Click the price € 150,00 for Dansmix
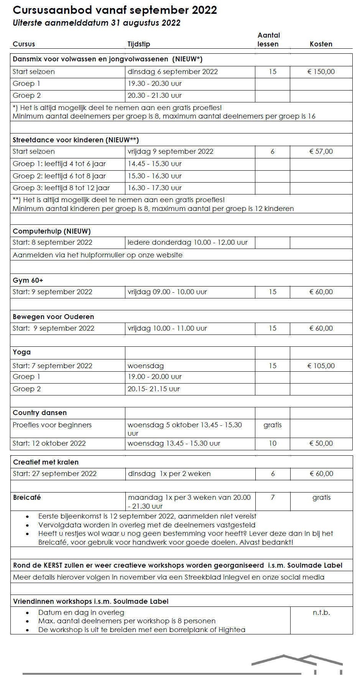(321, 72)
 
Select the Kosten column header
(321, 44)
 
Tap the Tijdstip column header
(139, 44)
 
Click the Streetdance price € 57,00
(321, 152)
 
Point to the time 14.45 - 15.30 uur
(155, 164)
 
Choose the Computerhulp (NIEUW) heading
(52, 231)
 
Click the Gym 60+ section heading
(28, 280)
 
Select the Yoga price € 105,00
(321, 366)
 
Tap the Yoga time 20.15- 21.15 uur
(153, 389)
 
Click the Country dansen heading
(40, 413)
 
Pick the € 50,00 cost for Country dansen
(321, 443)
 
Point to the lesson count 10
(273, 443)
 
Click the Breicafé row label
(27, 497)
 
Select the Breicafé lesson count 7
(273, 497)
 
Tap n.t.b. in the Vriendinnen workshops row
(321, 613)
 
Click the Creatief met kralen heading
(46, 462)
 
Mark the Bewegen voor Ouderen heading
(53, 317)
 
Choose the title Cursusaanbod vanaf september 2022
(115, 10)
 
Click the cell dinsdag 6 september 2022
(173, 72)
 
